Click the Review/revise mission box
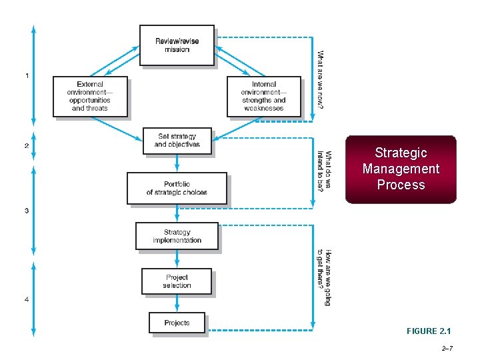tap(177, 45)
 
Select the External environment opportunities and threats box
tap(90, 97)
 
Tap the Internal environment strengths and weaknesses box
tap(264, 97)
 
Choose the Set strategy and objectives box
tap(177, 141)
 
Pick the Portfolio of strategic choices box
tap(177, 188)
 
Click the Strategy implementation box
tap(177, 236)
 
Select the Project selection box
tap(177, 281)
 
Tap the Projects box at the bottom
tap(177, 323)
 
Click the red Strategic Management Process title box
tap(401, 169)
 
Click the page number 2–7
tap(447, 348)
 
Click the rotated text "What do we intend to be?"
tap(324, 170)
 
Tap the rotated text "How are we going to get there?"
tap(324, 277)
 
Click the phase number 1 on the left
tap(27, 75)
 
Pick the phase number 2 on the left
tap(27, 145)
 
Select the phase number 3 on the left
tap(27, 211)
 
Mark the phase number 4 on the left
tap(27, 299)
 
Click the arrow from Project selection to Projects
tap(177, 303)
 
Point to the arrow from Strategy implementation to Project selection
tap(177, 259)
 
